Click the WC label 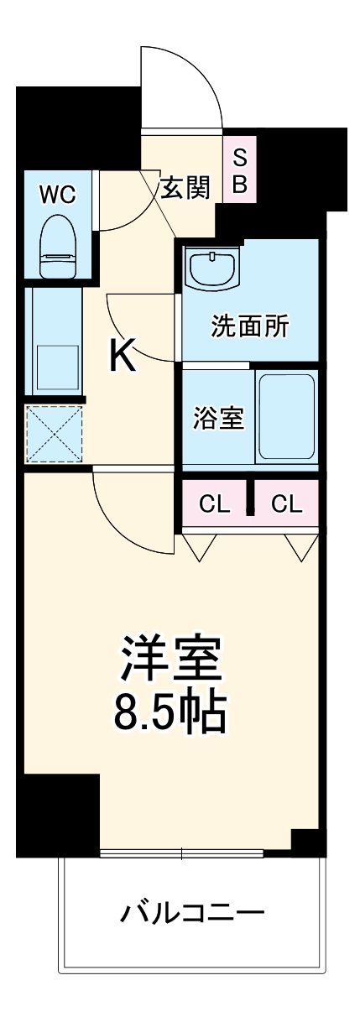click(x=57, y=195)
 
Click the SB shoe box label click(x=240, y=171)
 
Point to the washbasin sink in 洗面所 click(x=213, y=268)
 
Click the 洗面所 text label click(x=248, y=326)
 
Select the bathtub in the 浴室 click(x=286, y=415)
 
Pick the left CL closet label click(x=214, y=504)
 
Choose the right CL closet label click(x=286, y=504)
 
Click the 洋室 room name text click(x=171, y=659)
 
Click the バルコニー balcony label click(x=192, y=910)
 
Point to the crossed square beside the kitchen click(x=55, y=433)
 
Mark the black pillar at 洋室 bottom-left click(x=58, y=814)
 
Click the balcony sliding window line click(x=182, y=855)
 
